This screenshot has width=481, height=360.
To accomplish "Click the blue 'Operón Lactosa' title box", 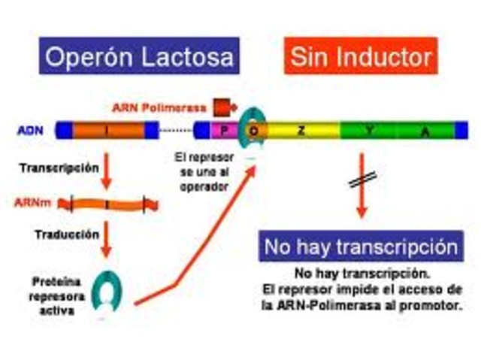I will click(138, 56).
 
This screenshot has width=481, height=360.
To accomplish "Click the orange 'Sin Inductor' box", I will click(362, 56).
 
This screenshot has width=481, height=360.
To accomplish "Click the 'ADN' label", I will click(30, 130).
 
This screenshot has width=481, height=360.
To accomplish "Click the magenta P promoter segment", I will click(224, 130).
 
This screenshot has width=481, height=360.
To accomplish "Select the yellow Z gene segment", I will click(301, 130).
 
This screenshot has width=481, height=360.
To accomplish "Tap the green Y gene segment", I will click(369, 130).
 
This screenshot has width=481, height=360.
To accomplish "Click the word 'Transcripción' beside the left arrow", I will click(59, 168).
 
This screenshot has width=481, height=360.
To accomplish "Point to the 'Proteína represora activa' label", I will click(52, 294).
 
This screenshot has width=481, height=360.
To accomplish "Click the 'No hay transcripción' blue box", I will click(360, 247).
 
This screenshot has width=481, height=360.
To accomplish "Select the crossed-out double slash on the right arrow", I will click(363, 180).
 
